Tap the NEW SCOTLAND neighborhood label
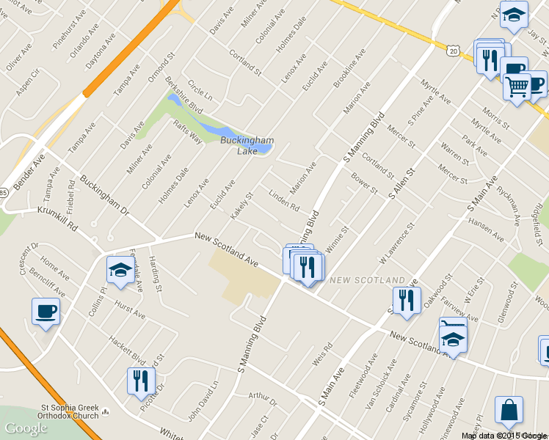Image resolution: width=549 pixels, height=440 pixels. coord(367,281)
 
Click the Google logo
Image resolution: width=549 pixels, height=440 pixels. coord(26,428)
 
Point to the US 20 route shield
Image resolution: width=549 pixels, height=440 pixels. coord(452,50)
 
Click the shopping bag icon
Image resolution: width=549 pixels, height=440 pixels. coord(509,411)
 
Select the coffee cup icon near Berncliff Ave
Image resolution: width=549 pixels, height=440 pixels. coord(46,312)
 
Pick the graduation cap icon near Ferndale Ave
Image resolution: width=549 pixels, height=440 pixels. coord(120,271)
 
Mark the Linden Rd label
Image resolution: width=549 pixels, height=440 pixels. coord(283,201)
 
